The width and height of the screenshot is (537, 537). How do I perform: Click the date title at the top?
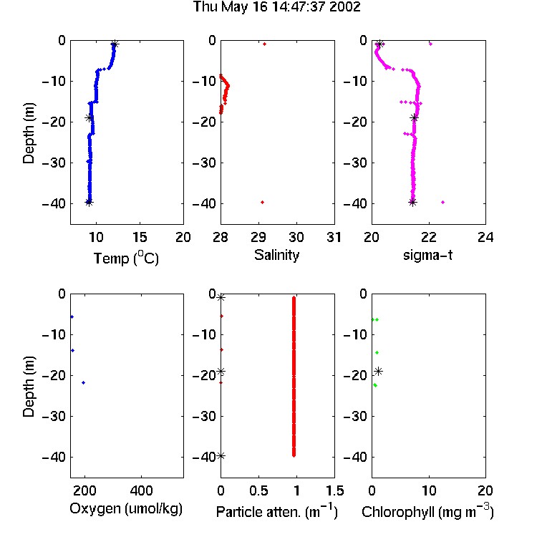(276, 7)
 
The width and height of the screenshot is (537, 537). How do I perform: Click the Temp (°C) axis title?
(126, 258)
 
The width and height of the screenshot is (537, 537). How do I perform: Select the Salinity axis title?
(276, 255)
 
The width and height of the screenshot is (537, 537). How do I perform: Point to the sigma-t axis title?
(427, 255)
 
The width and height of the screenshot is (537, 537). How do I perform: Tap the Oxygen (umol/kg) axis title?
(126, 509)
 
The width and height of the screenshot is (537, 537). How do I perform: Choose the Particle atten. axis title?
(276, 512)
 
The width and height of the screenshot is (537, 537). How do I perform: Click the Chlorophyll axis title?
(427, 512)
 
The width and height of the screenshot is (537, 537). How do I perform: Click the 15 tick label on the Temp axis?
(140, 237)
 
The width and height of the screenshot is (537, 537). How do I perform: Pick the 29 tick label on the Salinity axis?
(258, 237)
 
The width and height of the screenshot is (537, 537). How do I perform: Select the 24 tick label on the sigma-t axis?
(485, 237)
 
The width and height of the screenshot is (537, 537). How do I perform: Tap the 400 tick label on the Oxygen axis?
(141, 490)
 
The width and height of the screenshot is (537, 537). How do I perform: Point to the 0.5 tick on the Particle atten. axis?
(258, 490)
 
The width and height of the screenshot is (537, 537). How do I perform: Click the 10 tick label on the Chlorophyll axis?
(428, 490)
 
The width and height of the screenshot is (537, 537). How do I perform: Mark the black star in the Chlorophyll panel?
(378, 371)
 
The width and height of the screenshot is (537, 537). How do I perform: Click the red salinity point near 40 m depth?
(262, 203)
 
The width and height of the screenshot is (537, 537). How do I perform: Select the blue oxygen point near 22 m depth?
(83, 382)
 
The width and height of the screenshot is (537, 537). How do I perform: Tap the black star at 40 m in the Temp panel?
(89, 203)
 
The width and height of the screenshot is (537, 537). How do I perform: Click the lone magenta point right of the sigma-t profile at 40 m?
(442, 203)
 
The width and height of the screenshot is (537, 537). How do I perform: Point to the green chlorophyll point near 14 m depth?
(377, 352)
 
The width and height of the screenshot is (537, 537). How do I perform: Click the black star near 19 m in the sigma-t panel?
(415, 118)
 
